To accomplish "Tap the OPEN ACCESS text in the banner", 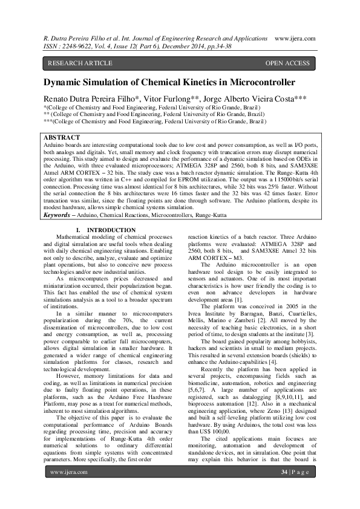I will (287, 63).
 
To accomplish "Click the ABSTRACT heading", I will (62, 138).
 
